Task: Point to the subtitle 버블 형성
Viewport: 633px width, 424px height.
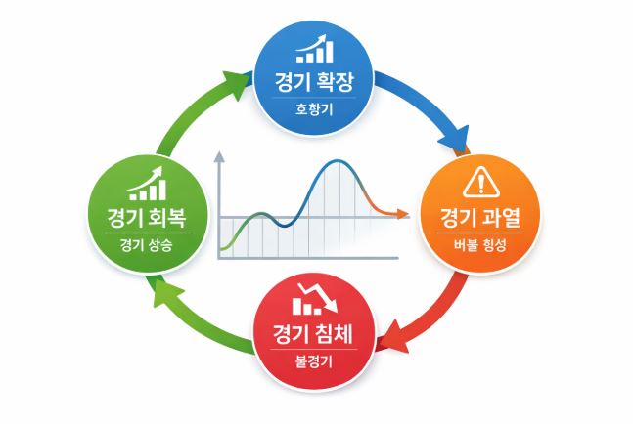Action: [478, 246]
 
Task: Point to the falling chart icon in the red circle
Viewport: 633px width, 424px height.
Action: [312, 298]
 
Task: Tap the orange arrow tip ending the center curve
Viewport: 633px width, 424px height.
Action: [405, 212]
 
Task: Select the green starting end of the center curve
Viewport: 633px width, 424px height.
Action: [223, 251]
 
